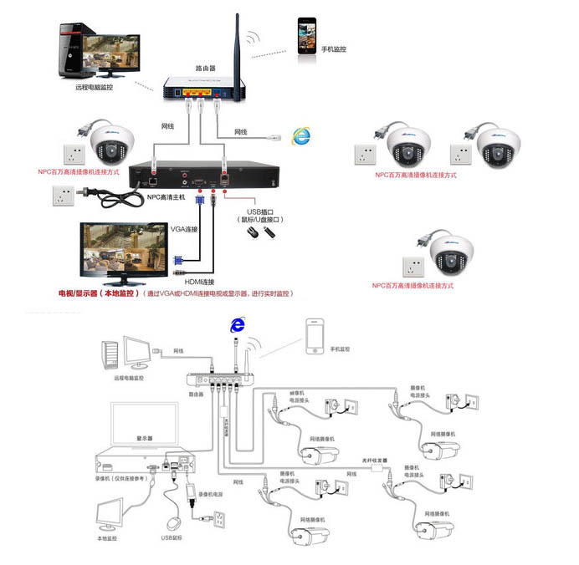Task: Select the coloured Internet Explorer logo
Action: (x=298, y=136)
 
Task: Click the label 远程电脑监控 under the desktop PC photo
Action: (x=94, y=86)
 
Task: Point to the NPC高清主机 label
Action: (x=166, y=197)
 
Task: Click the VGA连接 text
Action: (x=184, y=228)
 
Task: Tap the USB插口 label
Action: (x=260, y=212)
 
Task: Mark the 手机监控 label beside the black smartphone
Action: (x=333, y=49)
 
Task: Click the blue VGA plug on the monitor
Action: (x=178, y=260)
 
